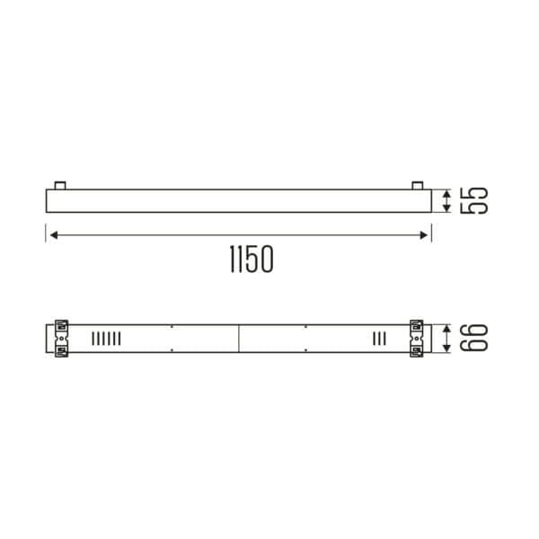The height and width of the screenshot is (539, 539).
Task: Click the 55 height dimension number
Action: point(473,200)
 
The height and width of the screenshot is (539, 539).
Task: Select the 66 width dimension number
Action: point(473,338)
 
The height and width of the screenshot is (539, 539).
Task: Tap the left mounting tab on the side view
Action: point(59,185)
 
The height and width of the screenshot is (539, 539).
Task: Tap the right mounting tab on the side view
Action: point(417,185)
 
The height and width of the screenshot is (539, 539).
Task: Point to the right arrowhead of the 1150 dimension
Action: point(425,235)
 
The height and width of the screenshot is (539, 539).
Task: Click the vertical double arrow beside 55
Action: point(447,200)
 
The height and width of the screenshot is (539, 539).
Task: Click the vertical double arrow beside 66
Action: point(447,338)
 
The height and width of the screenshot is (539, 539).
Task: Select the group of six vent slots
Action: point(105,338)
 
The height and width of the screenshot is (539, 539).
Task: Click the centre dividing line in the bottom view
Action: point(239,338)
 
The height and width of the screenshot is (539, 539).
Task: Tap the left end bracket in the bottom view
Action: point(61,338)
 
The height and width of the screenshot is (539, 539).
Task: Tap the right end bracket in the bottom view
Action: point(417,338)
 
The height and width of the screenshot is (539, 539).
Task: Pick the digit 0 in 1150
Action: point(262,260)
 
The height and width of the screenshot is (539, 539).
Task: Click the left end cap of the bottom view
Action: point(49,338)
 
